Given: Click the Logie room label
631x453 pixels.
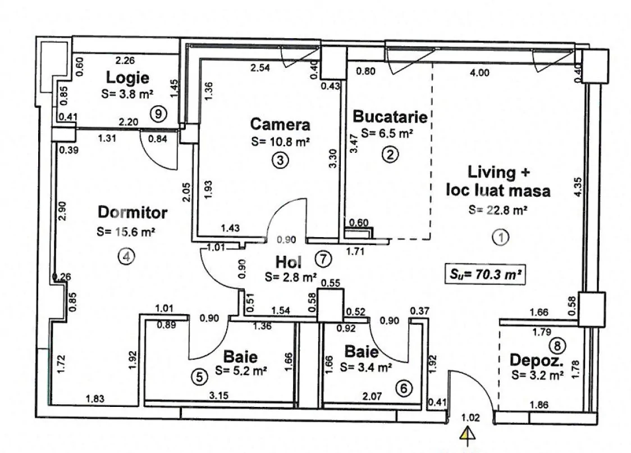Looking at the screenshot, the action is [x=127, y=78].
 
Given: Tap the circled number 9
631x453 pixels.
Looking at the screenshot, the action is [x=158, y=114].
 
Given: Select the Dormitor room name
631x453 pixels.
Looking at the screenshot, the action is [x=132, y=212].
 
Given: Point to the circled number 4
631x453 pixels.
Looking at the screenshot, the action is [x=126, y=256].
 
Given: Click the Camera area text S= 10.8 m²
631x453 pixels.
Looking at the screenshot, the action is [x=281, y=142].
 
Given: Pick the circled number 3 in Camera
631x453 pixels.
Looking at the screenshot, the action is [x=280, y=160].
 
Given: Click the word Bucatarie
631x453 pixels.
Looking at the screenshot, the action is [x=390, y=116].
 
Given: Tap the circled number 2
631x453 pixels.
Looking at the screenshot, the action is [x=390, y=155].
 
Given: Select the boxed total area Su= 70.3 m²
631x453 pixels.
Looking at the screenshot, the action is [x=486, y=275].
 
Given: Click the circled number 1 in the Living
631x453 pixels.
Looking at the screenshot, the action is [x=501, y=237].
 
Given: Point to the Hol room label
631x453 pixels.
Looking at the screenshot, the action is [x=288, y=262].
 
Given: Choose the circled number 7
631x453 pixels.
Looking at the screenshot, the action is [x=323, y=259].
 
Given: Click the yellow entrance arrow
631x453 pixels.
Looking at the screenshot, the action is [x=468, y=434].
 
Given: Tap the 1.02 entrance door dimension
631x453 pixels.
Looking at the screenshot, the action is [x=470, y=418].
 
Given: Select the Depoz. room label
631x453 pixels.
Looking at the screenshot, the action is [x=536, y=360].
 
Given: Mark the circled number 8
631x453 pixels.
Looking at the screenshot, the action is [x=558, y=346].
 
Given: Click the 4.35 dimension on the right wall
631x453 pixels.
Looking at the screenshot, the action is [x=578, y=187].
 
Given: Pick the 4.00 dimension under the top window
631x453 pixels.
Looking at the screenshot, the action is [x=479, y=73].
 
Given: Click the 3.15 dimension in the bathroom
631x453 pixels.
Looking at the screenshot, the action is [x=219, y=396].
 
